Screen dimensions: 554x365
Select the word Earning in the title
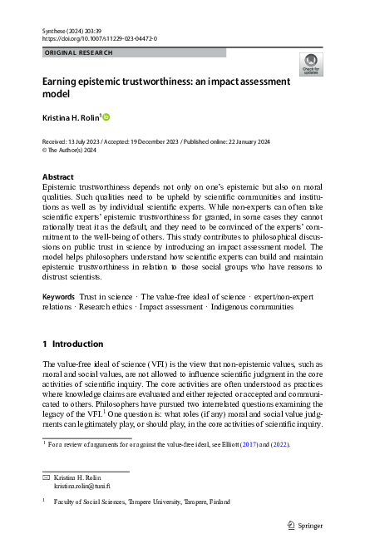pos(64,82)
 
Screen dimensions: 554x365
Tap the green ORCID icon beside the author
pos(106,117)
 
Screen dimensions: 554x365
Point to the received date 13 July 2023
pos(91,142)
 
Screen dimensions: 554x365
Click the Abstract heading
pos(57,177)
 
